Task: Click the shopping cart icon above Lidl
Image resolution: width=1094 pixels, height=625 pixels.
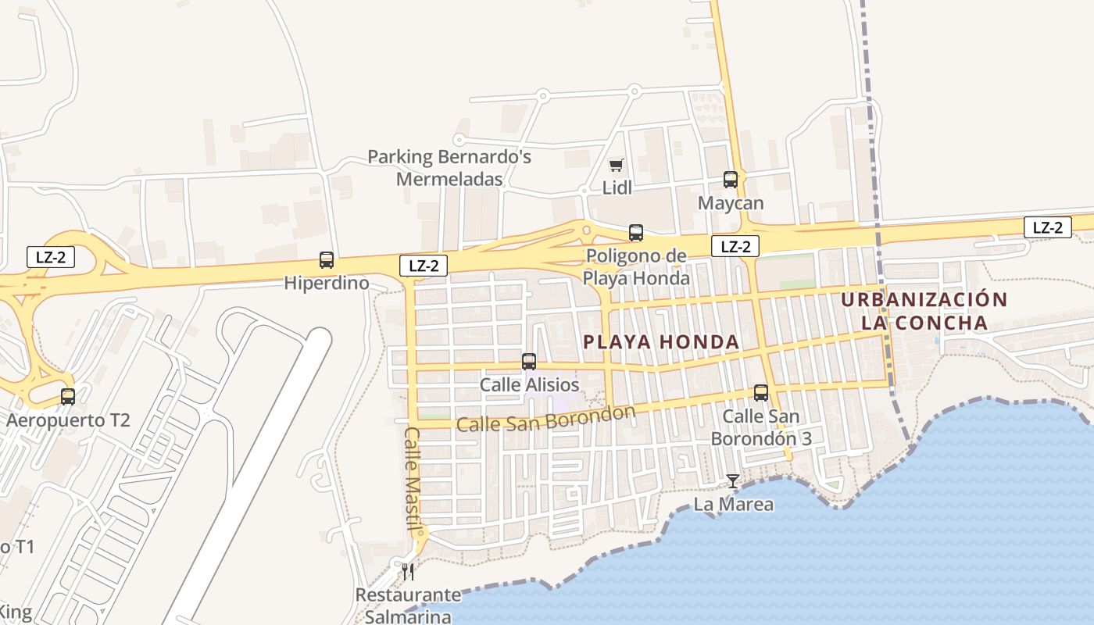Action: pyautogui.click(x=617, y=165)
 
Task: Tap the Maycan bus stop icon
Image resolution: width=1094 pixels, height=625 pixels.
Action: pyautogui.click(x=731, y=180)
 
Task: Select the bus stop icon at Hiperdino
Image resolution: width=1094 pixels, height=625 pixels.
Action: pyautogui.click(x=327, y=260)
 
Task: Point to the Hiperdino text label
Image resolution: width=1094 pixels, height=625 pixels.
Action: pyautogui.click(x=327, y=283)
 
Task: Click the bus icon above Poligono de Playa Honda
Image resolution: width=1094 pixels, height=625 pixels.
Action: pyautogui.click(x=636, y=233)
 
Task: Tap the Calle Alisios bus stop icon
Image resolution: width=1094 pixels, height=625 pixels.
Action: pyautogui.click(x=529, y=362)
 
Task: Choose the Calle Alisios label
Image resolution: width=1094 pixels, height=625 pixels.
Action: pyautogui.click(x=529, y=385)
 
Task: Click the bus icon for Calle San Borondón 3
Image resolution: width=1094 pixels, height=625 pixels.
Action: pyautogui.click(x=761, y=393)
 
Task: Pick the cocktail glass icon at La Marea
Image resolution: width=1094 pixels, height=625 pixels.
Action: pyautogui.click(x=733, y=481)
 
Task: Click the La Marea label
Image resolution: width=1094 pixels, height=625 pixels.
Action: pyautogui.click(x=734, y=505)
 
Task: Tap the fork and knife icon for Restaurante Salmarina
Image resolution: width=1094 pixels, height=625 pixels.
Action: pyautogui.click(x=408, y=572)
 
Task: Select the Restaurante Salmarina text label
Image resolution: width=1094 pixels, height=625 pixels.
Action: pyautogui.click(x=409, y=605)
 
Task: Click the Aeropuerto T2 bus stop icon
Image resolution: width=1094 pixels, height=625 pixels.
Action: pyautogui.click(x=68, y=397)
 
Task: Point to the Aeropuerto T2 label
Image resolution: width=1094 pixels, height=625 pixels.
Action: pyautogui.click(x=68, y=420)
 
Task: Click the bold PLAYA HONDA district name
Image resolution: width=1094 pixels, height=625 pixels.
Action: pyautogui.click(x=661, y=341)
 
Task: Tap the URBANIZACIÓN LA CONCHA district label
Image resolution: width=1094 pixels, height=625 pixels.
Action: pyautogui.click(x=924, y=311)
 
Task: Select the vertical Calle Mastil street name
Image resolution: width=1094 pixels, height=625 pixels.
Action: pyautogui.click(x=413, y=478)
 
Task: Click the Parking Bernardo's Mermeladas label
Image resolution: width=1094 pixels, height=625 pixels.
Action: pyautogui.click(x=449, y=168)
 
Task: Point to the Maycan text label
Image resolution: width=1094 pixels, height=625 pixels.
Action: pyautogui.click(x=731, y=203)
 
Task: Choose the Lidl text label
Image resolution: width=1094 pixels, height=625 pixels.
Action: pyautogui.click(x=617, y=187)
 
